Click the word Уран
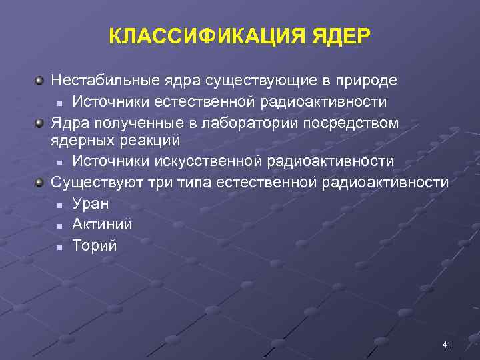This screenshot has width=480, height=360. tap(91, 203)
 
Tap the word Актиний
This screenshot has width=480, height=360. tap(102, 225)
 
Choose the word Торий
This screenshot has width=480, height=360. tap(95, 246)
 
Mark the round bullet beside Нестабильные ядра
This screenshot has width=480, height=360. tap(41, 81)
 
